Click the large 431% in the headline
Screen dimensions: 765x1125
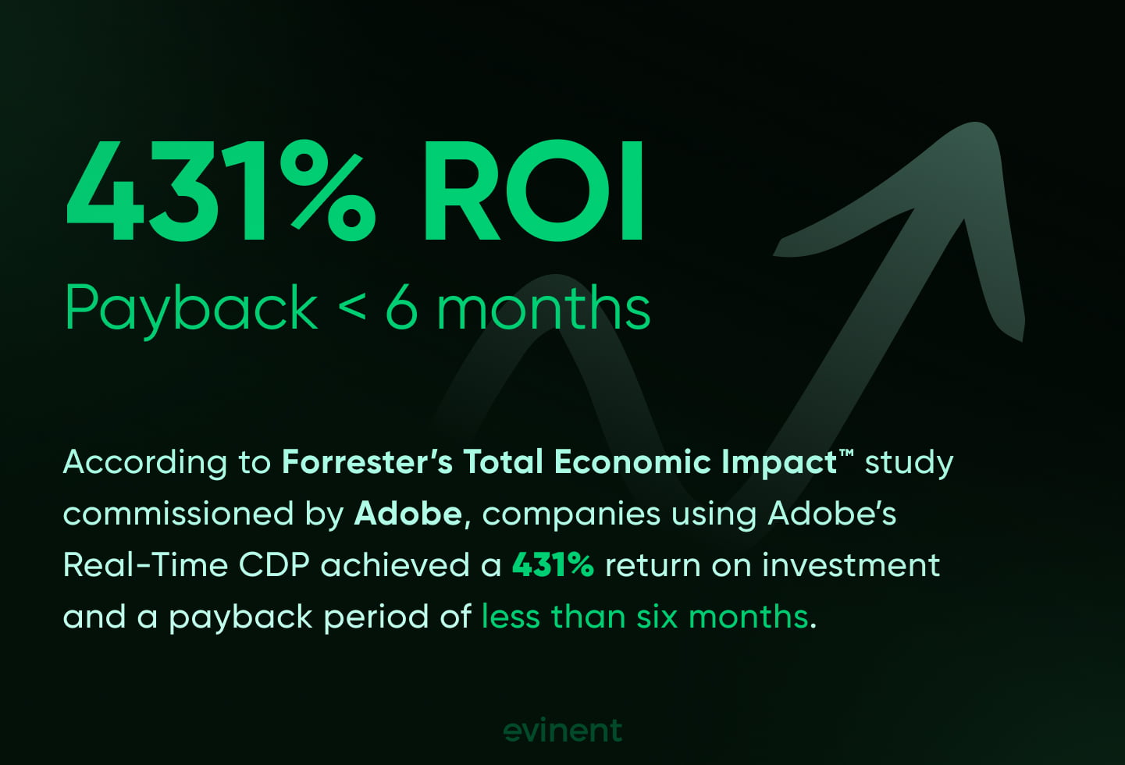pyautogui.click(x=220, y=193)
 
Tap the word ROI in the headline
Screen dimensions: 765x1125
pyautogui.click(x=533, y=193)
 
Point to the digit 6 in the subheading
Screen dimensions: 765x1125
pyautogui.click(x=401, y=308)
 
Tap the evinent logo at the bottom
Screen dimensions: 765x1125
pyautogui.click(x=563, y=731)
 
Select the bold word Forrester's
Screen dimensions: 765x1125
pyautogui.click(x=367, y=462)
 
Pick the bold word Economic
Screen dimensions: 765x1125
pyautogui.click(x=632, y=462)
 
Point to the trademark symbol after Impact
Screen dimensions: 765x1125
pyautogui.click(x=846, y=453)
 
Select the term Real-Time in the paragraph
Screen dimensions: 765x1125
pyautogui.click(x=144, y=565)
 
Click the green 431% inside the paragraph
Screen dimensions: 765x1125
pyautogui.click(x=553, y=565)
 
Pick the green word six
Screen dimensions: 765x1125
pyautogui.click(x=657, y=617)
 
